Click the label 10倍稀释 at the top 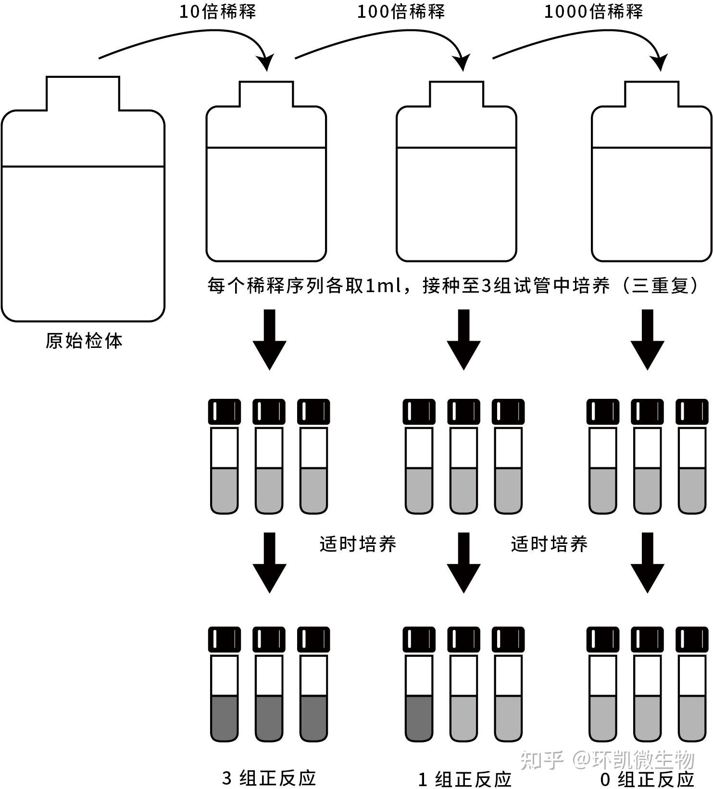[x=217, y=12]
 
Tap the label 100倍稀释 [x=400, y=12]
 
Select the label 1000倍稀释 [x=593, y=12]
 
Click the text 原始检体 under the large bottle [x=84, y=341]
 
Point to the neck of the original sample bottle [x=83, y=93]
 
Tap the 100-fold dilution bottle [x=456, y=192]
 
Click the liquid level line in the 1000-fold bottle [x=651, y=148]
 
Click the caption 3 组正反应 [x=269, y=777]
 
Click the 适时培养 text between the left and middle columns [x=358, y=544]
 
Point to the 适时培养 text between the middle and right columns [x=549, y=544]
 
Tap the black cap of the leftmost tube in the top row [x=225, y=412]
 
